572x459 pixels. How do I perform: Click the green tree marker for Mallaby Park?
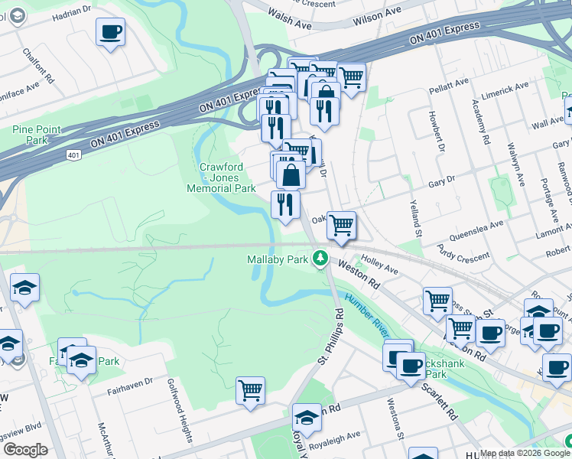pos(322,259)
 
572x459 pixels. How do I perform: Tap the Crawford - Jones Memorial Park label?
pos(221,177)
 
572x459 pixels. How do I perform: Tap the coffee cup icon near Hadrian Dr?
pos(111,32)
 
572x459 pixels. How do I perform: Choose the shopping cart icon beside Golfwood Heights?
pos(250,391)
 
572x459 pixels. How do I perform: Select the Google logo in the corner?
pos(25,449)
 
